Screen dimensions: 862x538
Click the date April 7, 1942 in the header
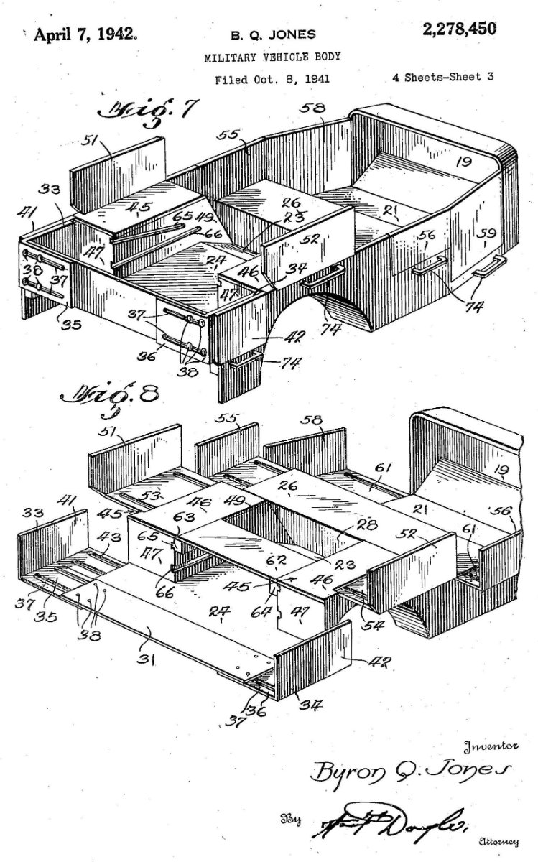(x=80, y=34)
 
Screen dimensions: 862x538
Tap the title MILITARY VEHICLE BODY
(x=272, y=56)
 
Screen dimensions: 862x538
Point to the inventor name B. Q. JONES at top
(x=272, y=34)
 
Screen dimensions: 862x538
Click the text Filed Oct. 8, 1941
(x=272, y=79)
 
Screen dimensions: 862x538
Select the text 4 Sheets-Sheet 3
(x=442, y=78)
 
